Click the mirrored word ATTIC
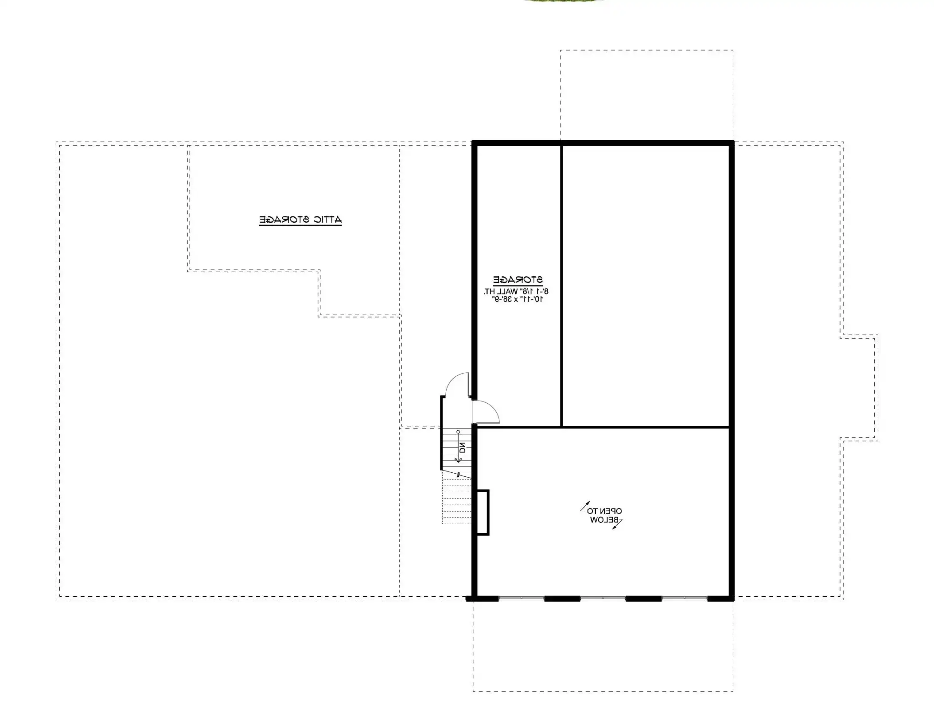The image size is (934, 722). point(328,219)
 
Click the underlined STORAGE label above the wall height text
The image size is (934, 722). point(518,280)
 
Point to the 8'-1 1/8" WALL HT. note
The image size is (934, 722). point(516,291)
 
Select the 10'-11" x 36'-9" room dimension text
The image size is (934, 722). point(518,299)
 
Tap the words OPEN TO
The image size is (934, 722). point(604,511)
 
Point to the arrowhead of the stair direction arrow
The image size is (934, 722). point(458,460)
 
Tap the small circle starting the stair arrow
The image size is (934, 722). point(458,432)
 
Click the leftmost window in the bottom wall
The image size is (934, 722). point(521,598)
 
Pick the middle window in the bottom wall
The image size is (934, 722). point(603,598)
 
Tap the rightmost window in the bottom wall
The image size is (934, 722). point(685,598)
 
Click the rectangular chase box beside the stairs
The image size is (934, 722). point(483,512)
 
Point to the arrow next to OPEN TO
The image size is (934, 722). point(585,507)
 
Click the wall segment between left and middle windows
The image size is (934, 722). point(562,598)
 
